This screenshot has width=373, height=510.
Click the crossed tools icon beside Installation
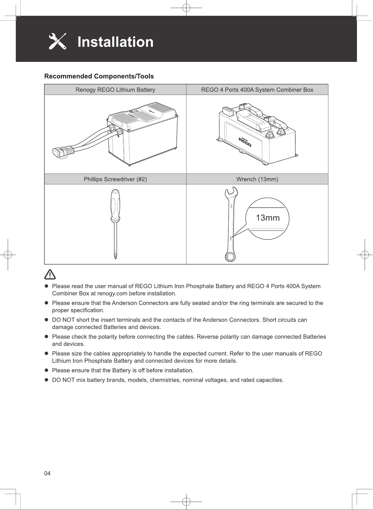coord(57,41)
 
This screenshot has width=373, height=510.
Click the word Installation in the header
coord(115,42)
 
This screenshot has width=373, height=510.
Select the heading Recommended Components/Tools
coord(99,76)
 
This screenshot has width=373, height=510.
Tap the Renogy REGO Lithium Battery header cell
coord(115,90)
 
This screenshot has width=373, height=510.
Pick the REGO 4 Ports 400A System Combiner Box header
coord(257,90)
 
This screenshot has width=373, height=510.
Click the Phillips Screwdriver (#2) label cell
coord(115,179)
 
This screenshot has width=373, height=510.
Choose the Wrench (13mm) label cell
coord(257,179)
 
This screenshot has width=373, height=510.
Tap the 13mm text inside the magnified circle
coord(267,218)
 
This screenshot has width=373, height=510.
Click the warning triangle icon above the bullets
coord(50,275)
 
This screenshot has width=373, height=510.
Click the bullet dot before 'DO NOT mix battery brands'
coord(46,380)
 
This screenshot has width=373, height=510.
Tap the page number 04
coord(47,473)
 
